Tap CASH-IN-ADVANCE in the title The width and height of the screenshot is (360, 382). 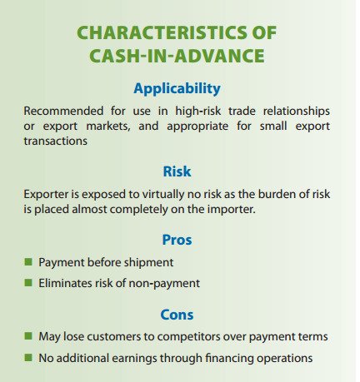(177, 57)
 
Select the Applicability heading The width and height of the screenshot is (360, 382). (177, 88)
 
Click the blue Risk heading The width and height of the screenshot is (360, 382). (177, 172)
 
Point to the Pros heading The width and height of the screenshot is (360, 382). (177, 240)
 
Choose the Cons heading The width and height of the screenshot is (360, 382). (177, 315)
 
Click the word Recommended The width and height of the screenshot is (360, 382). (63, 112)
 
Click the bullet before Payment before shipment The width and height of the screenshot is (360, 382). (27, 261)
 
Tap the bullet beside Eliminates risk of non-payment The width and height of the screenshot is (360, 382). (27, 283)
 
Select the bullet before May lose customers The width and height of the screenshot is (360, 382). (27, 336)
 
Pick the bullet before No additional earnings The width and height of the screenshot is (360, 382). (27, 358)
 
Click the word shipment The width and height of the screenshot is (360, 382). (149, 262)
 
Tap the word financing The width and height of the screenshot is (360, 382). (225, 359)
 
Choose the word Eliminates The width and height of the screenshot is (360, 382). (65, 284)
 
